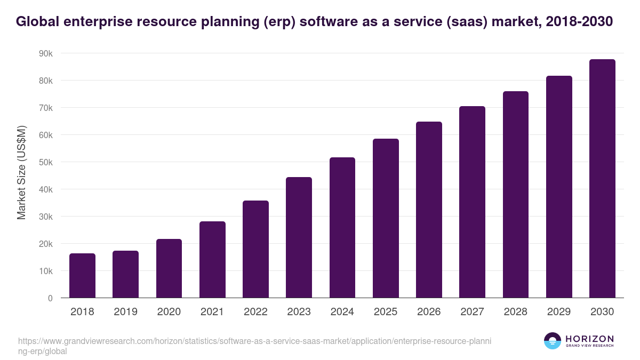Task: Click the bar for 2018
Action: click(x=82, y=276)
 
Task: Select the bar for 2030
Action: click(x=602, y=179)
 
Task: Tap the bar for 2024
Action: click(x=342, y=228)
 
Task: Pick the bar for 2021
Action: click(x=212, y=260)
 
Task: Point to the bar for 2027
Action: click(x=472, y=202)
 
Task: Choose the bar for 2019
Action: click(x=125, y=274)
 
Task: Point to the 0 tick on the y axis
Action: click(x=50, y=298)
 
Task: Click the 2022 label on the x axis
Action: click(x=255, y=312)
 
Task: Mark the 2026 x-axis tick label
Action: click(x=429, y=312)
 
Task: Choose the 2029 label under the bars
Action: click(x=559, y=312)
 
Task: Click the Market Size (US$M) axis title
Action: click(x=21, y=172)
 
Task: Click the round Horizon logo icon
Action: click(x=553, y=341)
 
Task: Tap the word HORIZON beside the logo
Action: click(x=589, y=338)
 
